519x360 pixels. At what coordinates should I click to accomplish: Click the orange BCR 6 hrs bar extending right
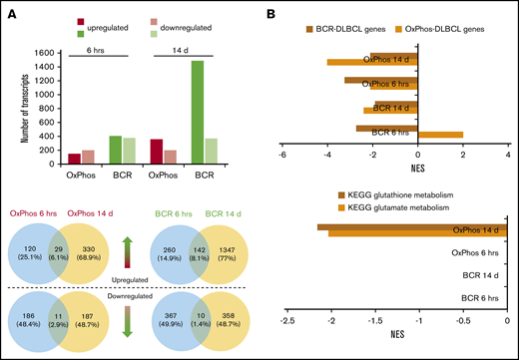(440, 134)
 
